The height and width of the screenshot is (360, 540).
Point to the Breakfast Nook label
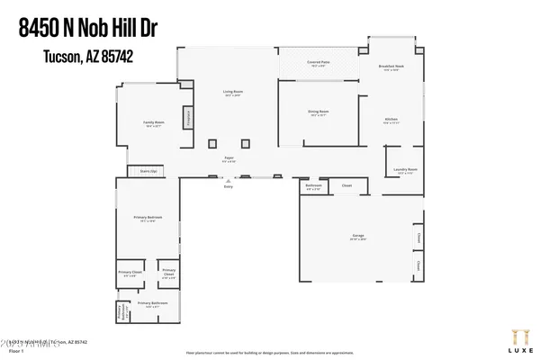[x=391, y=68]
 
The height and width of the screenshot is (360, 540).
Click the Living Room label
[x=232, y=94]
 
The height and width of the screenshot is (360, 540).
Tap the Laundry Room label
[x=404, y=170]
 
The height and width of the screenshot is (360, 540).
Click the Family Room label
[x=155, y=123]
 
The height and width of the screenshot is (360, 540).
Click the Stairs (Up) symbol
[x=148, y=170]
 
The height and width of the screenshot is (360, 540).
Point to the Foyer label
[x=229, y=159]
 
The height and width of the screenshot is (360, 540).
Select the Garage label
[x=358, y=238]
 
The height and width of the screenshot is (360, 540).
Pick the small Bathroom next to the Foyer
[x=313, y=188]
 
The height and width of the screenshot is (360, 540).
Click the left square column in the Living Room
[x=212, y=143]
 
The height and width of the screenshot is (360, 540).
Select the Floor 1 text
[x=16, y=349]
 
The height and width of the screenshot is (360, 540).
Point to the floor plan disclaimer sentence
[x=270, y=352]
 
